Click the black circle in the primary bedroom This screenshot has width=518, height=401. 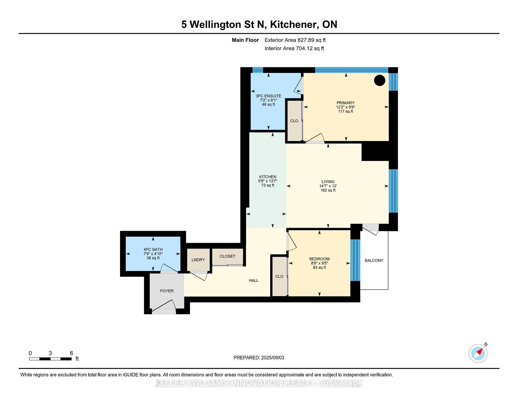(380, 80)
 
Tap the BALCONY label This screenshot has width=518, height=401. (374, 260)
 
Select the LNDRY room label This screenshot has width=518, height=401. (198, 260)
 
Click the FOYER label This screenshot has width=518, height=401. (167, 291)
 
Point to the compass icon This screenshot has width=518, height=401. (478, 353)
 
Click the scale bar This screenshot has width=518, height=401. (50, 359)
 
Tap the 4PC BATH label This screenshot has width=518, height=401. (153, 249)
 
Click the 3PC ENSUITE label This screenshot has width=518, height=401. (268, 96)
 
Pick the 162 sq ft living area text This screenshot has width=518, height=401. (328, 190)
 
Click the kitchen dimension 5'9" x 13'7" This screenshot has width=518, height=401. (268, 181)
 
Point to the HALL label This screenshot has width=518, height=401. (254, 280)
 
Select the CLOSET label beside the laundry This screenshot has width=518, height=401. (227, 256)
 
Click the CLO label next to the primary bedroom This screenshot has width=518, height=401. (294, 121)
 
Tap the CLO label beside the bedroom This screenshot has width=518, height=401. (279, 276)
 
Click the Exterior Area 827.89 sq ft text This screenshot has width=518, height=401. (295, 40)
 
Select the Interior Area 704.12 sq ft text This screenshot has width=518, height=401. (294, 48)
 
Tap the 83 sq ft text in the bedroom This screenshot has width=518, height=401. (319, 268)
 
